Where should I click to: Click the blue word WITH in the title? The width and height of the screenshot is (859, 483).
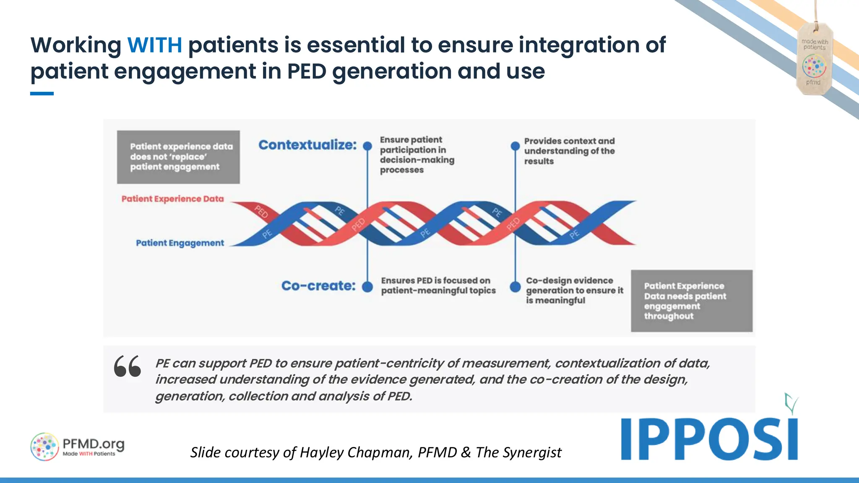(x=154, y=45)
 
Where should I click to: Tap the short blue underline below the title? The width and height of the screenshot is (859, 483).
(x=42, y=93)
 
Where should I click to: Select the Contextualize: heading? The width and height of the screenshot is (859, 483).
(x=307, y=145)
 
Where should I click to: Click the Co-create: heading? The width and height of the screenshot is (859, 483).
(x=318, y=286)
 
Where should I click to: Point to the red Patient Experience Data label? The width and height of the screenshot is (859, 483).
(x=172, y=199)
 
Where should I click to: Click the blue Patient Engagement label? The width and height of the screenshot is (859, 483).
(x=180, y=243)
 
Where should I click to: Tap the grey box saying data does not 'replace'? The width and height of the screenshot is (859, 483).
(x=178, y=157)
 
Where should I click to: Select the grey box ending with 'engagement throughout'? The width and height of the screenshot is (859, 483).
(x=691, y=301)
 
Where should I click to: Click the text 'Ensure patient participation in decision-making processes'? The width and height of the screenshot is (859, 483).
(x=417, y=155)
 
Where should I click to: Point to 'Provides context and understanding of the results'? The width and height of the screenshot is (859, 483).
(x=569, y=151)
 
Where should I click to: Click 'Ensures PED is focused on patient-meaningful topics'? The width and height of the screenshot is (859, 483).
(x=438, y=286)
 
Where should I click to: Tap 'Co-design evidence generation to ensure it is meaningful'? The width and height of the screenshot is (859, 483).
(x=574, y=290)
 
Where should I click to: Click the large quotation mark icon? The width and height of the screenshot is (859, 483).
(x=128, y=366)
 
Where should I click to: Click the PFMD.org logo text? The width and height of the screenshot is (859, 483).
(x=93, y=444)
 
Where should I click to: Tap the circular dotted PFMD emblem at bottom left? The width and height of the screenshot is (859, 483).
(x=44, y=447)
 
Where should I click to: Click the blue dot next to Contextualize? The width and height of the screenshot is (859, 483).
(x=367, y=146)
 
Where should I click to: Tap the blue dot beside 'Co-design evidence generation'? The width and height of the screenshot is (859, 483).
(x=515, y=287)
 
